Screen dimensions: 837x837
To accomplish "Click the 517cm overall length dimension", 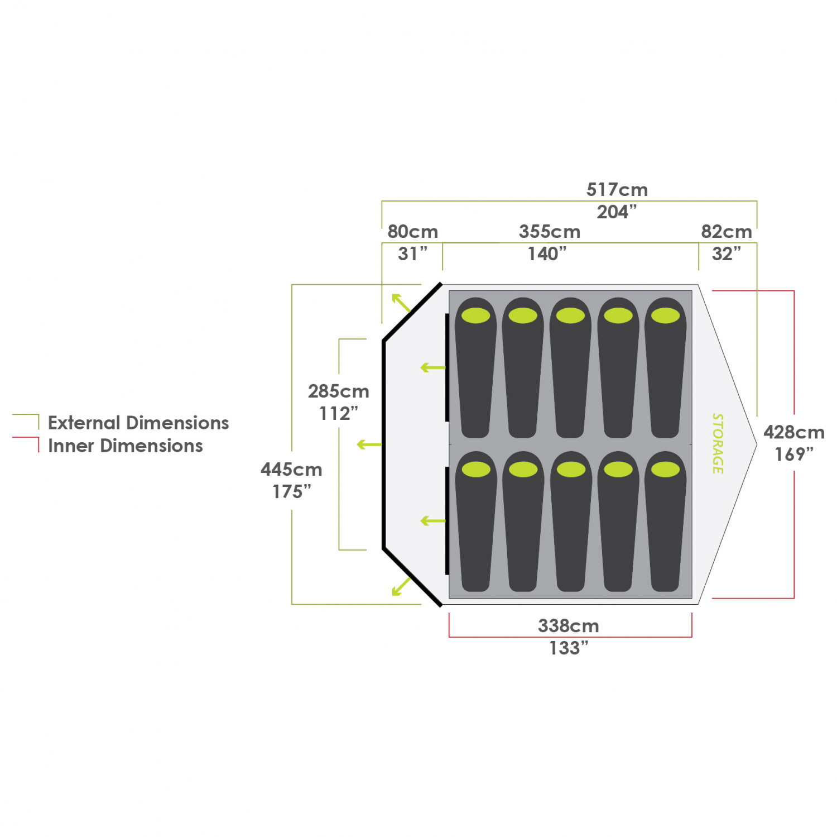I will pyautogui.click(x=617, y=190).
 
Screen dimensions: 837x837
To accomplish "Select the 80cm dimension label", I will pyautogui.click(x=412, y=232).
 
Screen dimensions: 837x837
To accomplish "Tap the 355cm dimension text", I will pyautogui.click(x=550, y=232).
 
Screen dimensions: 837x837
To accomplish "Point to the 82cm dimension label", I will pyautogui.click(x=726, y=232).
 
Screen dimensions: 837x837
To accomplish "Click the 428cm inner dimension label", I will pyautogui.click(x=793, y=432).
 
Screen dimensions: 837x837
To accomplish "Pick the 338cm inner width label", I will pyautogui.click(x=568, y=626).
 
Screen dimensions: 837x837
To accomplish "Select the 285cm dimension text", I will pyautogui.click(x=338, y=391).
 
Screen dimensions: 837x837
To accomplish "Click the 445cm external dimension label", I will pyautogui.click(x=291, y=470).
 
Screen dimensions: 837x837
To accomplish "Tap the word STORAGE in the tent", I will pyautogui.click(x=718, y=444).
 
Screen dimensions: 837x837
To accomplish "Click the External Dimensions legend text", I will pyautogui.click(x=138, y=423).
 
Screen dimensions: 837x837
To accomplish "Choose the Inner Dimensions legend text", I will pyautogui.click(x=126, y=446).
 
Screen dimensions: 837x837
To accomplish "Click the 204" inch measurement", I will pyautogui.click(x=617, y=212).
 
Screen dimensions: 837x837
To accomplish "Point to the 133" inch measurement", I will pyautogui.click(x=569, y=648).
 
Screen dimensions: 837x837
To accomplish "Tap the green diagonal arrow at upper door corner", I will pyautogui.click(x=401, y=303).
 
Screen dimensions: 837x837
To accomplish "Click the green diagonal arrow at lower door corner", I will pyautogui.click(x=401, y=586).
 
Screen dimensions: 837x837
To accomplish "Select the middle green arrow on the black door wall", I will pyautogui.click(x=369, y=445).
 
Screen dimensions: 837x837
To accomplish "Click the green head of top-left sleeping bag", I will pyautogui.click(x=475, y=315).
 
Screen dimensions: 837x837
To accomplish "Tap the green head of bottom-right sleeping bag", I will pyautogui.click(x=665, y=470).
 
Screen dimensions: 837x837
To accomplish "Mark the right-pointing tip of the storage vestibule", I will pyautogui.click(x=756, y=445).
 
